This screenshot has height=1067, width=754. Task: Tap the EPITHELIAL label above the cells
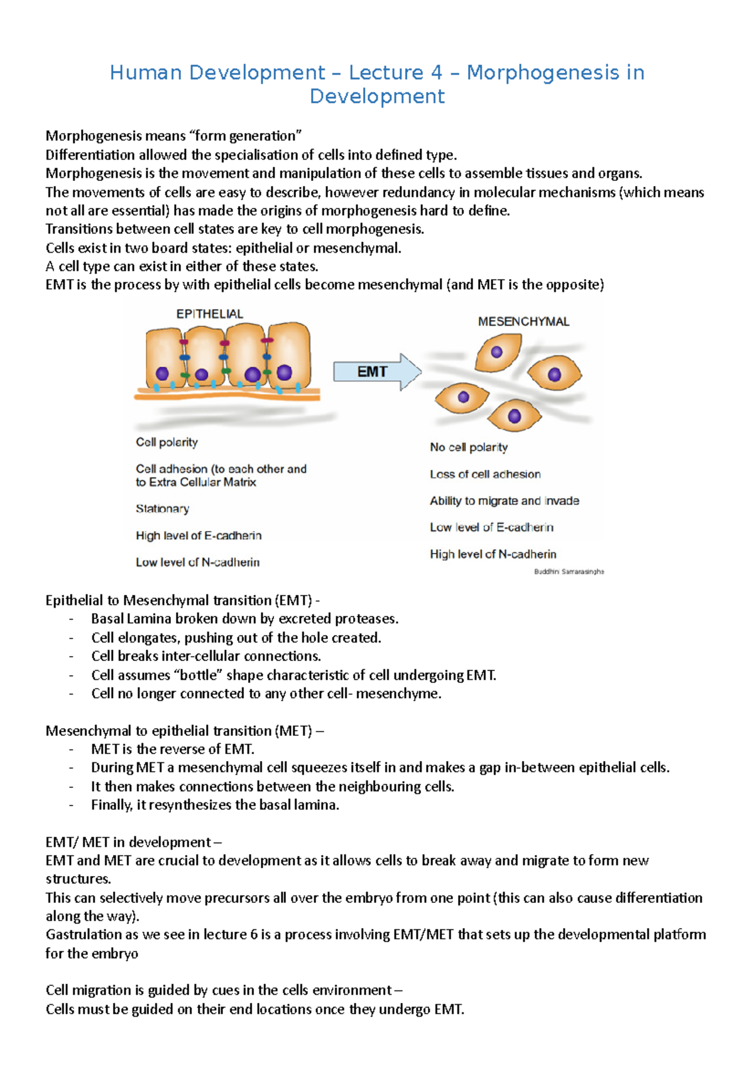pos(209,314)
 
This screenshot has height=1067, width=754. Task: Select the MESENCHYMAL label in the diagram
pos(523,322)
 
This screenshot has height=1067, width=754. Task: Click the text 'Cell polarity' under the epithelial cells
pos(167,442)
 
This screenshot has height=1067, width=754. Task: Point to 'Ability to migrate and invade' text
pos(504,501)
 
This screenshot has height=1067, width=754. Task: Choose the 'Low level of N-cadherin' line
pos(197,562)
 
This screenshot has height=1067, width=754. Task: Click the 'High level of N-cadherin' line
pos(493,554)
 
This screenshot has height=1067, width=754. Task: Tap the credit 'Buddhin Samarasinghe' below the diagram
pos(569,572)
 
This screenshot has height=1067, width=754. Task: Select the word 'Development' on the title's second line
pos(377,97)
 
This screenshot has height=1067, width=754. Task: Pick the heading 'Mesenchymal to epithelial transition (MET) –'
pos(185,731)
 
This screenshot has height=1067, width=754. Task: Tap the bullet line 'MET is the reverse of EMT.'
pos(172,749)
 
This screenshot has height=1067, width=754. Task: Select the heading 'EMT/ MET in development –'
pos(133,842)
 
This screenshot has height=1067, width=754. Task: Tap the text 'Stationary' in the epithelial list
pos(162,509)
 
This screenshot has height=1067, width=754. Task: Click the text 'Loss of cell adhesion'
pos(485,474)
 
